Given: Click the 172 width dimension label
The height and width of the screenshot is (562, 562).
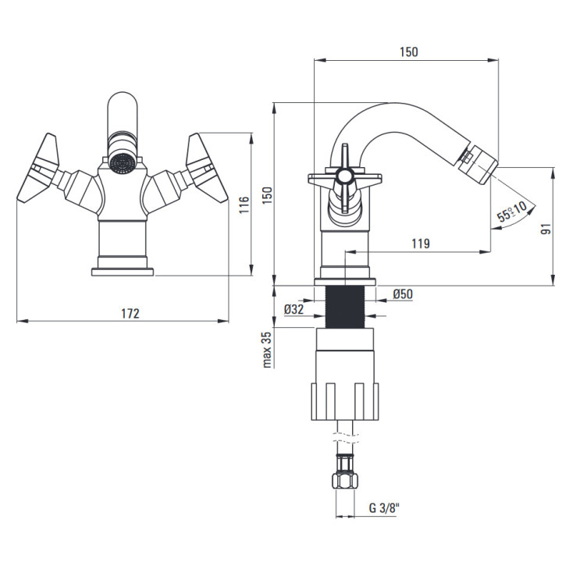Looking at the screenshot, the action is coord(130,314).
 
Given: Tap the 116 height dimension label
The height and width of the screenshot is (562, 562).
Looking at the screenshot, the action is coord(244,205).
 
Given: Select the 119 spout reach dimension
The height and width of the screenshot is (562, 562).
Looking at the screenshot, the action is coord(421,244).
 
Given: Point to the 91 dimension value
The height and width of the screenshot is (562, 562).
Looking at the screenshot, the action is coord(546,229).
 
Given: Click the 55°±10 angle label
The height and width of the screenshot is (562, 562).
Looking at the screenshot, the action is coord(511,211).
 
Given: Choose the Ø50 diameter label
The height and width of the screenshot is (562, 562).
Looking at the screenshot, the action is coord(403,294).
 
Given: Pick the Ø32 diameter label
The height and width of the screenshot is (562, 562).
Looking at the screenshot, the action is coord(294,309).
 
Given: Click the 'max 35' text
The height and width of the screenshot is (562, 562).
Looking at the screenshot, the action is coord(267,350).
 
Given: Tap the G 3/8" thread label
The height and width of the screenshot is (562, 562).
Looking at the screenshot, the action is coord(384,507).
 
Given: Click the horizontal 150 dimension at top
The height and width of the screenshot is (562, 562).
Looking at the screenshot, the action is coord(408,52).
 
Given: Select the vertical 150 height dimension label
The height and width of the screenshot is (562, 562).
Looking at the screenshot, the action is coord(268,195).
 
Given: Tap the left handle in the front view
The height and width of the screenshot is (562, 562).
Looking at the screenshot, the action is coord(37,168).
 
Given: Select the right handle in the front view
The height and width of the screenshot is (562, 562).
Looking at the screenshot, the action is coord(207,168).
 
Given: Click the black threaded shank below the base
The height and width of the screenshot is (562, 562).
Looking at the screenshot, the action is coord(345,307).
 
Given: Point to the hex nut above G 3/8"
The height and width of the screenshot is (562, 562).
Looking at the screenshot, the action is coord(345,480).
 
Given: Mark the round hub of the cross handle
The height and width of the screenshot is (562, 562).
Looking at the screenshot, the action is coord(345,176).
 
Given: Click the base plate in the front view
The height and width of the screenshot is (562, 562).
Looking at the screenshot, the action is coord(123,272).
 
